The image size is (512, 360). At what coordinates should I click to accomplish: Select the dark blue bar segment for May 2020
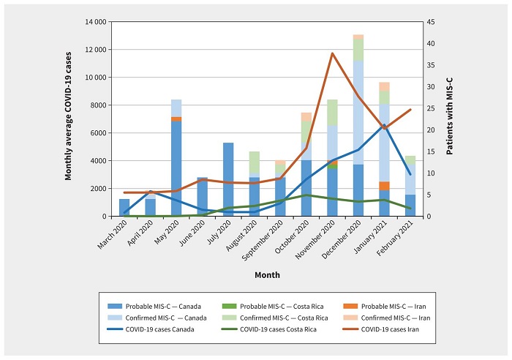point(176,168)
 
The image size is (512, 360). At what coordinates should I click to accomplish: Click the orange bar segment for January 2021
point(384,186)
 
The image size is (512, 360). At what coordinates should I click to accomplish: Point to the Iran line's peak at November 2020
point(333,53)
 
